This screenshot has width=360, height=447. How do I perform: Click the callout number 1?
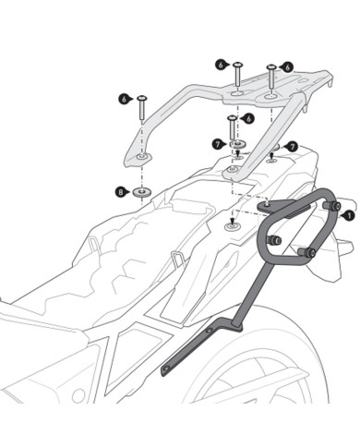pyautogui.click(x=348, y=214)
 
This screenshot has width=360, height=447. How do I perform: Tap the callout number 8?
pyautogui.click(x=121, y=191)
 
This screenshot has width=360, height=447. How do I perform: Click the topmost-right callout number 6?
pyautogui.click(x=288, y=66)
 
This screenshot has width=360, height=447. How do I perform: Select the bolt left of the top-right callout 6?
pyautogui.click(x=270, y=78)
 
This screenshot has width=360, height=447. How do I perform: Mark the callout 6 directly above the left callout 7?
pyautogui.click(x=248, y=118)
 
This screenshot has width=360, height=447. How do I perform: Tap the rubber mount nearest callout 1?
pyautogui.click(x=334, y=205)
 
